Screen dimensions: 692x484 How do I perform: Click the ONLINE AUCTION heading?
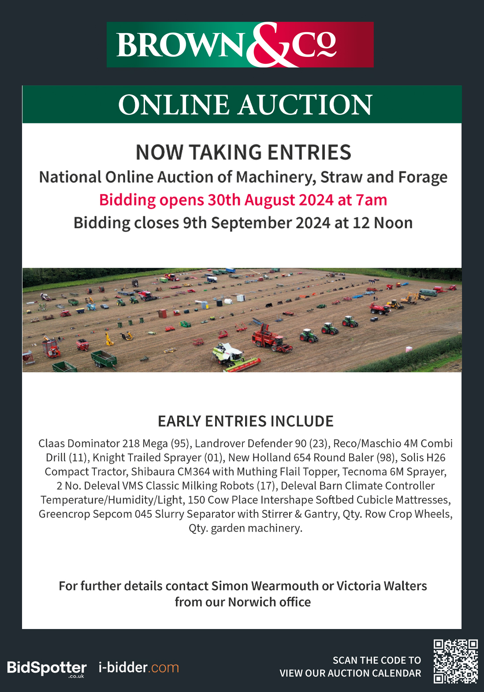point(245,105)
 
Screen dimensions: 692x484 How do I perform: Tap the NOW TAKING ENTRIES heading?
point(243,152)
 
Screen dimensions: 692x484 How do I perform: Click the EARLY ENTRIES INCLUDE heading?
point(246,421)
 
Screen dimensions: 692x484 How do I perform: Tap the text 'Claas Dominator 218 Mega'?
point(103,443)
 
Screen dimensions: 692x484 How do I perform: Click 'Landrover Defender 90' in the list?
point(251,443)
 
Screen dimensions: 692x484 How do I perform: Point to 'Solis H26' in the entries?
point(423,457)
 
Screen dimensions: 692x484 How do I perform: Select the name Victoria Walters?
point(382,586)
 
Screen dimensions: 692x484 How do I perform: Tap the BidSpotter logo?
point(47,668)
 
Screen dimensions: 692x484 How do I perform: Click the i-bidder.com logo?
point(138,667)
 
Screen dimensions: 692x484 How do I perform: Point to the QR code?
point(455,661)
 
